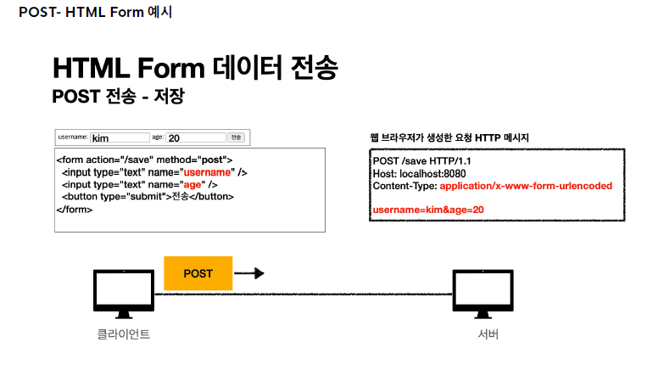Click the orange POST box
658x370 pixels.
pos(198,273)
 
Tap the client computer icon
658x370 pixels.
pos(124,293)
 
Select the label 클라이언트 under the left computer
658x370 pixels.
pos(124,334)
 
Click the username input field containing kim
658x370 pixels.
pos(120,137)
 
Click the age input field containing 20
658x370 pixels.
pos(195,137)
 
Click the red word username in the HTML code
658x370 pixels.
pos(208,171)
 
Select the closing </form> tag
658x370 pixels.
pos(75,209)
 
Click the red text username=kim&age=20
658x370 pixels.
pos(428,209)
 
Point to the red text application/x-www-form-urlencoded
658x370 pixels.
pos(526,185)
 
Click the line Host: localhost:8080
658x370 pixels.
pos(419,173)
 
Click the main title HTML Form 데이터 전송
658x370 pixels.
pos(198,68)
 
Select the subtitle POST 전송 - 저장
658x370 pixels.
pos(118,96)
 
